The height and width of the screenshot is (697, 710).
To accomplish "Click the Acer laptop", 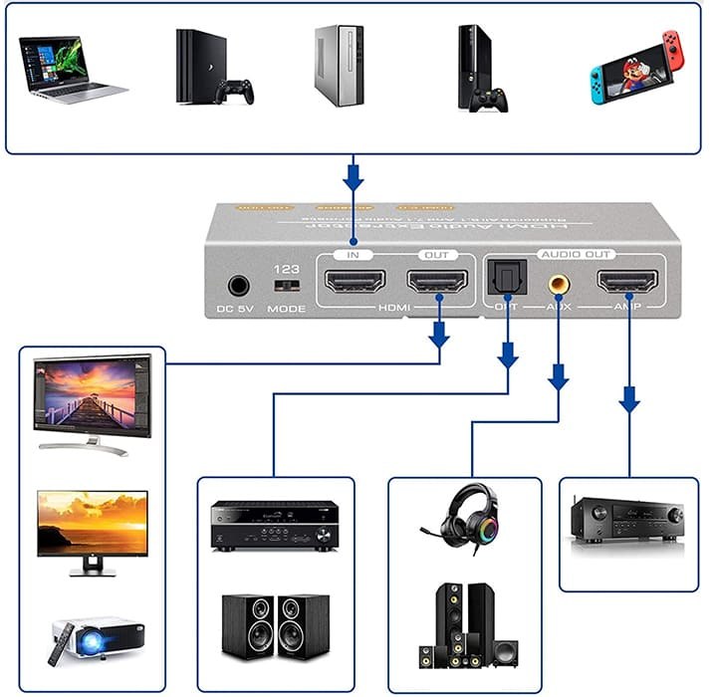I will (71, 69).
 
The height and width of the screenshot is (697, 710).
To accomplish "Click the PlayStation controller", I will (234, 91).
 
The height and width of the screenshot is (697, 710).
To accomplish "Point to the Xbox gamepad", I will (490, 99).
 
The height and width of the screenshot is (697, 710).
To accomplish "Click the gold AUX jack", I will (559, 283).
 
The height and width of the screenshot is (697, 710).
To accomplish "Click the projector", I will (97, 637).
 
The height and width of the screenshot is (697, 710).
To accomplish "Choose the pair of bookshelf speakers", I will (275, 625).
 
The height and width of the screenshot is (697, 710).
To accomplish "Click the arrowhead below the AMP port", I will (628, 401).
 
